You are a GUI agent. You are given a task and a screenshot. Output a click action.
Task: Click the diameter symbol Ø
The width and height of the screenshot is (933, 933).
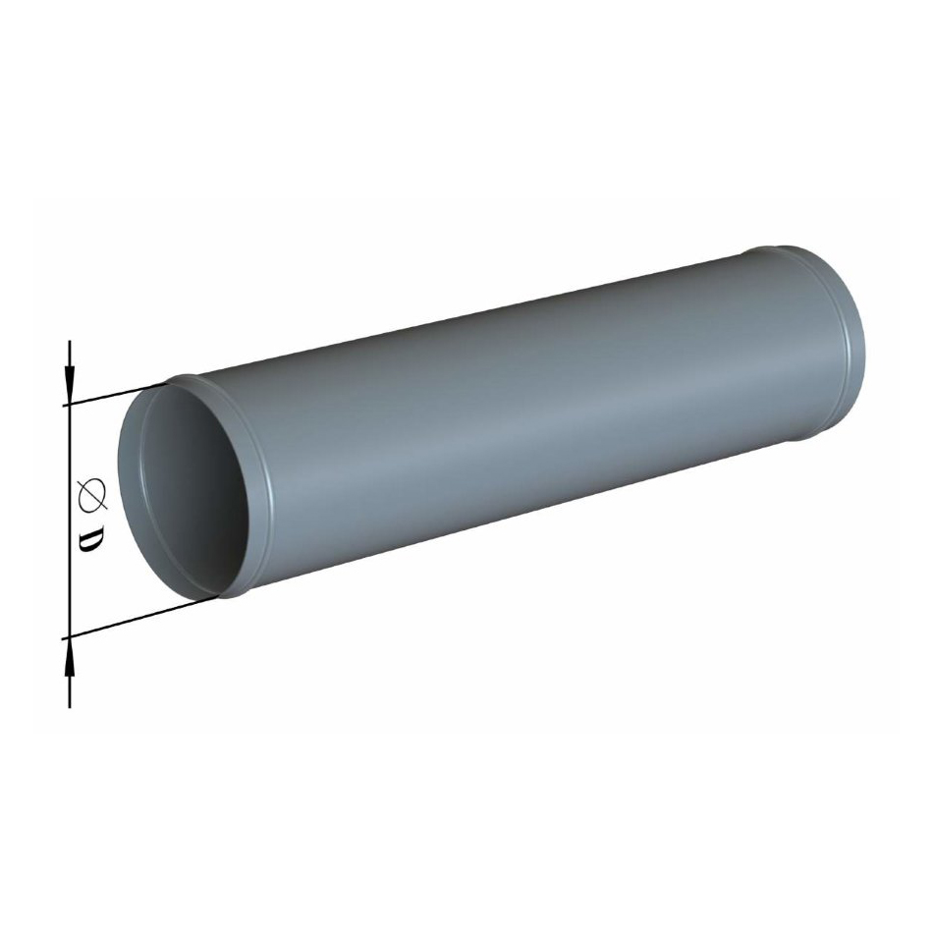point(93,494)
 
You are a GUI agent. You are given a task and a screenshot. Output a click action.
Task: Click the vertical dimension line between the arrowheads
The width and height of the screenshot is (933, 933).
point(70,521)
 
